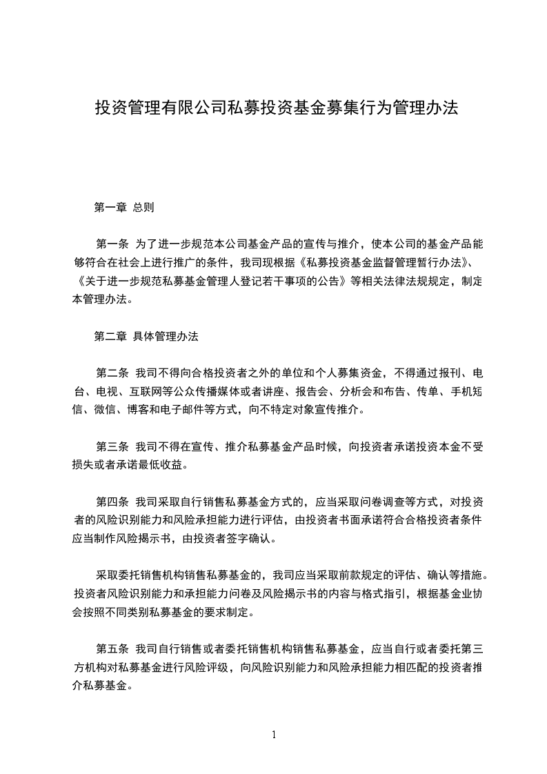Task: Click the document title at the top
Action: coord(276,108)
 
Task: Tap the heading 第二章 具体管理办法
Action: coord(146,337)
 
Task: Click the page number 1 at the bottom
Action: coord(275,735)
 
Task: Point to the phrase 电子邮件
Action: coord(190,410)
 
